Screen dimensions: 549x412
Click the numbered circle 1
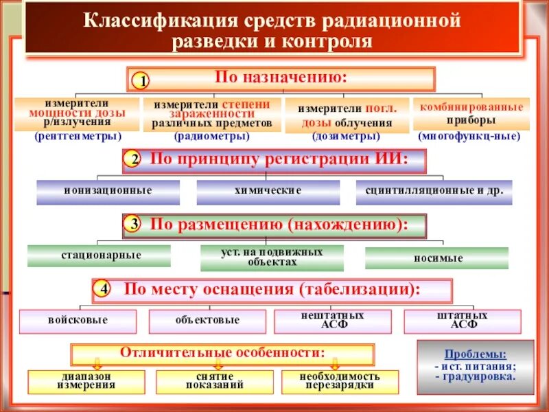point(140,82)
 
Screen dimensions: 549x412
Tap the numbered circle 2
point(135,161)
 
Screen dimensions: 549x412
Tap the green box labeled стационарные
point(101,255)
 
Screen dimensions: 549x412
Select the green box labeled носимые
point(436,258)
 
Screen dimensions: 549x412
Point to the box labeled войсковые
point(78,321)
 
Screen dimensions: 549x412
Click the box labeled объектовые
point(207,321)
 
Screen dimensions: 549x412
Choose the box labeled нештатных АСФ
point(333,321)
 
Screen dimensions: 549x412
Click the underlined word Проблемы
point(475,355)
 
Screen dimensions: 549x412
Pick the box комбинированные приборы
point(471,113)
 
